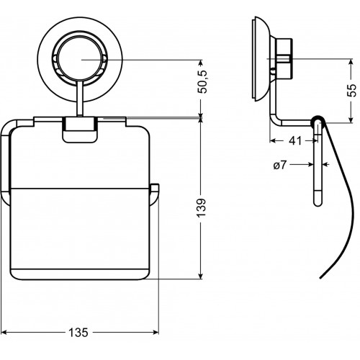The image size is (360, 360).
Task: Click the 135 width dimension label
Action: coord(78,333)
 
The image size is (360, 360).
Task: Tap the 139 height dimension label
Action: coord(202,207)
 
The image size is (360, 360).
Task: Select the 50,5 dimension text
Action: coord(202,81)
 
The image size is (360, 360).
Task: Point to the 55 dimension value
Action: coord(352,90)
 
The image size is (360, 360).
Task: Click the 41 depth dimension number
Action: coord(295,141)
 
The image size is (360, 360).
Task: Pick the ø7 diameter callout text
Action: coord(280,165)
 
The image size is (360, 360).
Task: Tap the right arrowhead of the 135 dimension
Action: coord(156,333)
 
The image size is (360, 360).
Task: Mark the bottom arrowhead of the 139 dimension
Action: coord(201,275)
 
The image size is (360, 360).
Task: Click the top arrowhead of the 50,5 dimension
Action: coord(201,63)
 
